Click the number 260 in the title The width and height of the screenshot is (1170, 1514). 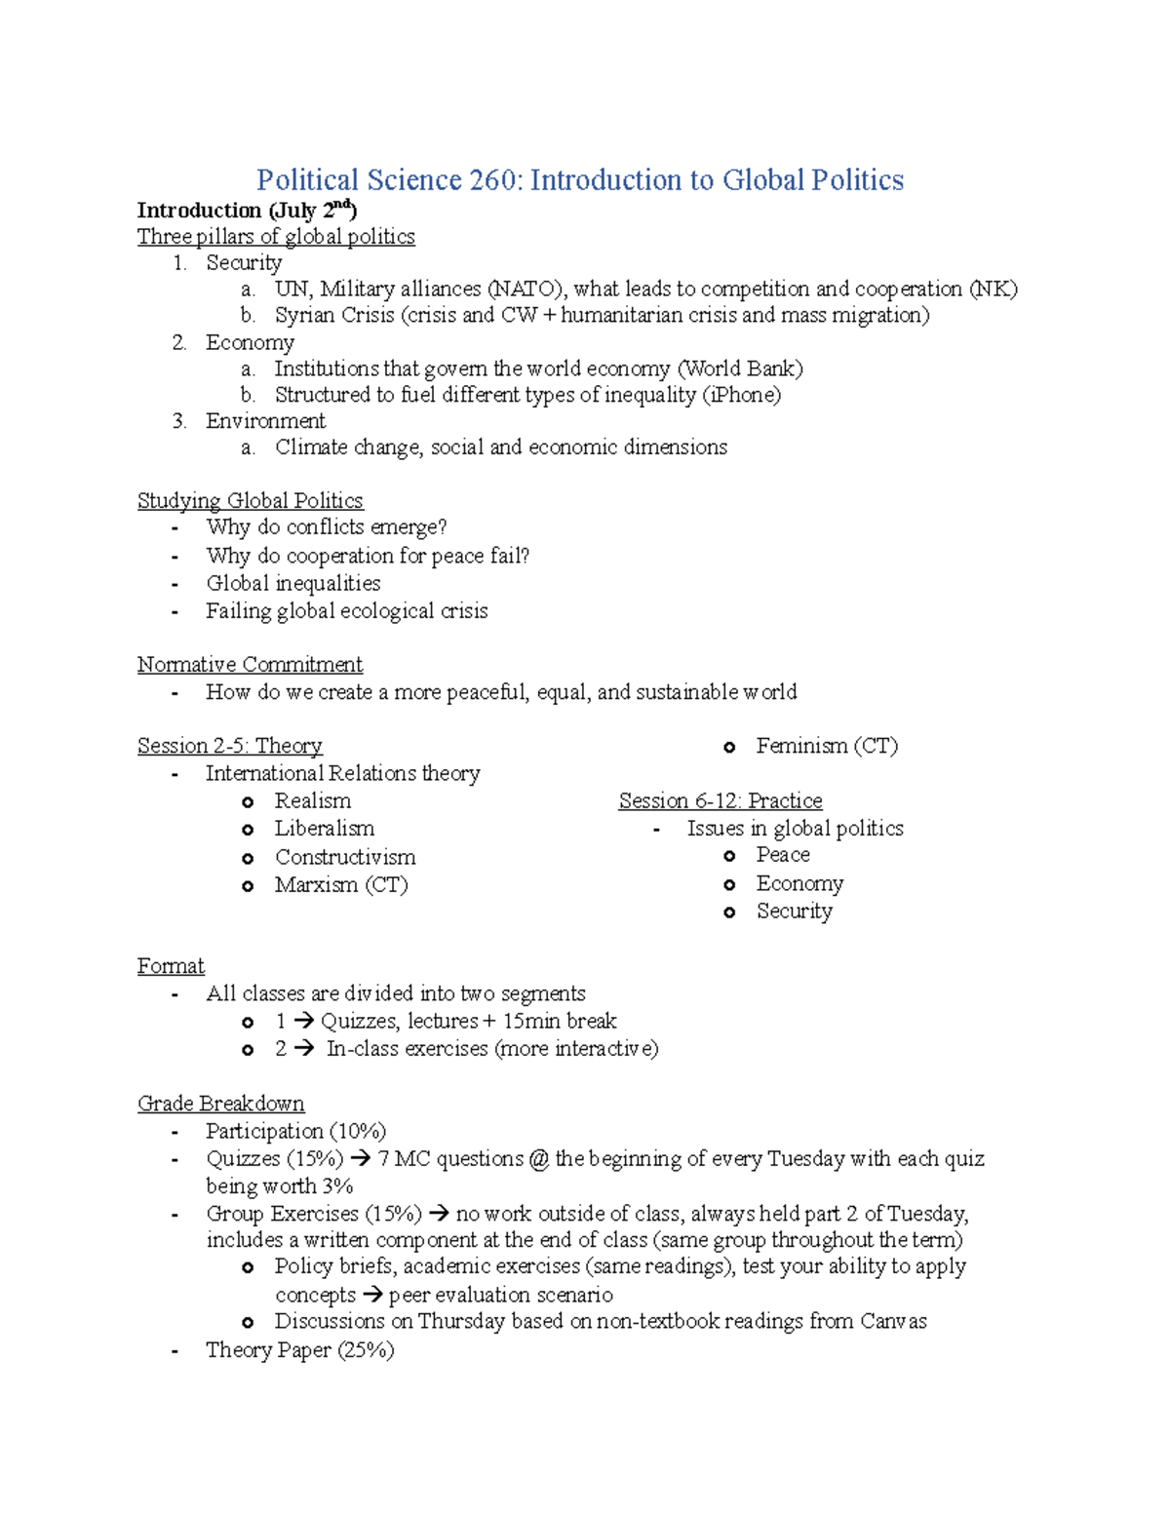[x=492, y=180]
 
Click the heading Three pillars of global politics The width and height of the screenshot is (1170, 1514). [x=276, y=237]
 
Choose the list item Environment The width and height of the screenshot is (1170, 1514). [x=265, y=421]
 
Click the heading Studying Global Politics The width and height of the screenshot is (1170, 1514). [x=250, y=501]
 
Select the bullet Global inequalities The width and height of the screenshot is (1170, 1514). [x=292, y=583]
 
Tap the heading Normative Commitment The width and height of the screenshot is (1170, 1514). [x=250, y=665]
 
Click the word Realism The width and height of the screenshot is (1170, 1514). [x=312, y=801]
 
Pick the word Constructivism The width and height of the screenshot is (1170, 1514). [x=345, y=857]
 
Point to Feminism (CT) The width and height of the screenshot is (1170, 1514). [x=827, y=746]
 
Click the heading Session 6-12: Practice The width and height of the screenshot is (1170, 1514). [x=721, y=801]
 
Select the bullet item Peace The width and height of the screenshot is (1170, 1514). [x=783, y=855]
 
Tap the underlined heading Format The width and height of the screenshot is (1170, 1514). [x=171, y=966]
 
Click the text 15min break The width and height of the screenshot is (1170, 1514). [x=560, y=1021]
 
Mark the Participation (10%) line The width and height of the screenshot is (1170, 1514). [x=295, y=1131]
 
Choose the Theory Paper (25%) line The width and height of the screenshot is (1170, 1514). [x=299, y=1350]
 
